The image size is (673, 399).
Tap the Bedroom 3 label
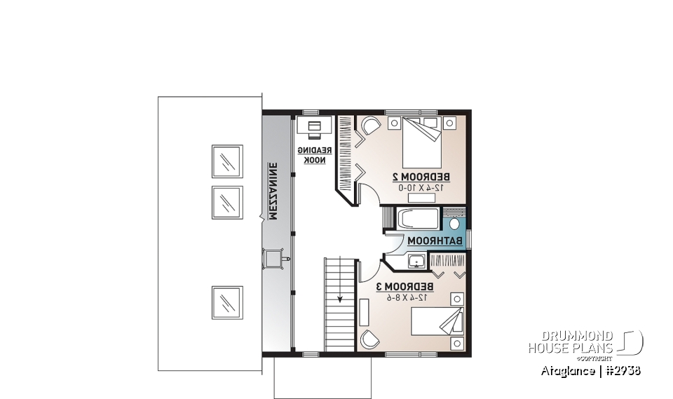407,287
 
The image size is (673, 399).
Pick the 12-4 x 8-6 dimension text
407,297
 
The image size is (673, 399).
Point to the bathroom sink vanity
416,262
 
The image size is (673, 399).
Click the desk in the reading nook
313,127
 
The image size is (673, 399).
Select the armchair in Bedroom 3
369,339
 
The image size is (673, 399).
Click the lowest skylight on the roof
227,302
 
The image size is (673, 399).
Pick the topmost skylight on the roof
227,162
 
